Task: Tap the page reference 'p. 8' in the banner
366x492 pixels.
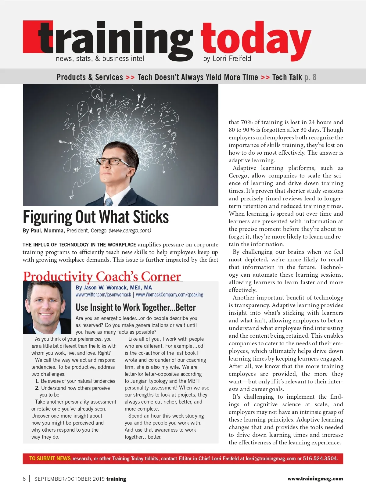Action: pyautogui.click(x=310, y=77)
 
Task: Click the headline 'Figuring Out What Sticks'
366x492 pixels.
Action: pyautogui.click(x=96, y=217)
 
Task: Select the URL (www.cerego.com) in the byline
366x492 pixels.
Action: pyautogui.click(x=130, y=231)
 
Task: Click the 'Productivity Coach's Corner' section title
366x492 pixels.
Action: pyautogui.click(x=102, y=276)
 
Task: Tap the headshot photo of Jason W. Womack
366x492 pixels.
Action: pyautogui.click(x=47, y=307)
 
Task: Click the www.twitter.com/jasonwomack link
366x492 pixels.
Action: pyautogui.click(x=103, y=295)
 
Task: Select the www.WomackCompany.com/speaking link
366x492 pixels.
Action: pyautogui.click(x=170, y=295)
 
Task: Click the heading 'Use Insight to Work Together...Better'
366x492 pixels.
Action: pyautogui.click(x=136, y=307)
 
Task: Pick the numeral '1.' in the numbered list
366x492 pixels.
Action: pyautogui.click(x=37, y=381)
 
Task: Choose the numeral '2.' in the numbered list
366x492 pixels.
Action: pyautogui.click(x=37, y=388)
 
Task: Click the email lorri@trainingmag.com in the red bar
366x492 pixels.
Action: pyautogui.click(x=271, y=458)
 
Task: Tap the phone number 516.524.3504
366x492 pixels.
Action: pyautogui.click(x=320, y=458)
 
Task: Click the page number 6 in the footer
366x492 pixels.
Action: pyautogui.click(x=24, y=479)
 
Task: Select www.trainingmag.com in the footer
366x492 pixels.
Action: pyautogui.click(x=315, y=479)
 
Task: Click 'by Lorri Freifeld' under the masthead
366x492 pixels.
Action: pyautogui.click(x=227, y=59)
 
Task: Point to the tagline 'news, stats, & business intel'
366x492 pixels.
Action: pyautogui.click(x=100, y=59)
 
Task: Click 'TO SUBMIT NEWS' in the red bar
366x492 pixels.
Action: pyautogui.click(x=50, y=458)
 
